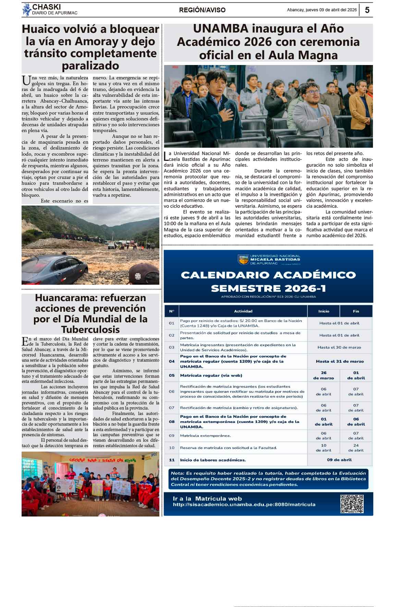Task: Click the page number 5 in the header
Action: [x=367, y=10]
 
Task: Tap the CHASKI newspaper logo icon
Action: [x=27, y=10]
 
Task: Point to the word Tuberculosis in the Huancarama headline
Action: [x=90, y=330]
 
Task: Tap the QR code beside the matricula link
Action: [x=352, y=503]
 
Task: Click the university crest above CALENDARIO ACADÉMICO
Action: [x=243, y=259]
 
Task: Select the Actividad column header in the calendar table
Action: [x=243, y=311]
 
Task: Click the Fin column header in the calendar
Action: [x=356, y=311]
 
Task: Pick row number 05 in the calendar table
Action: [x=172, y=375]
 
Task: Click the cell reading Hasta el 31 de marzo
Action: [x=340, y=361]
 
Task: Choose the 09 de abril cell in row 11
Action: [x=339, y=460]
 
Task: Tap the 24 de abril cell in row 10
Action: [x=356, y=448]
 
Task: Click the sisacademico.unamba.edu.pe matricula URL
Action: [x=244, y=504]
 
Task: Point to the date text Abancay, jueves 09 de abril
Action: [x=321, y=10]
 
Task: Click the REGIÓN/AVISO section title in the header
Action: [x=202, y=10]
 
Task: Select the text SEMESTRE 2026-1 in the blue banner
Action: [x=268, y=288]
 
